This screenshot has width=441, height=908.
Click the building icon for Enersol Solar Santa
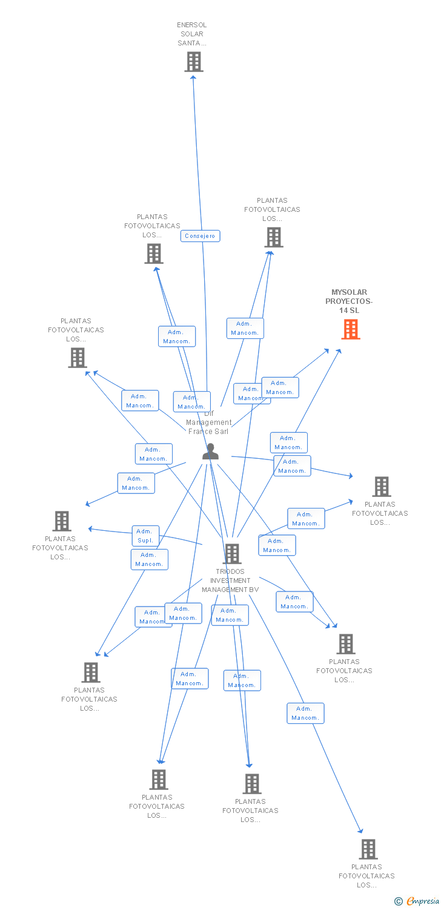[194, 62]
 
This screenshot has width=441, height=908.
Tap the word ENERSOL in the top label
[191, 25]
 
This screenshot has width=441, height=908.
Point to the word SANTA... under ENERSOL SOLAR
[192, 44]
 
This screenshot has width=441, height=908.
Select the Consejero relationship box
[200, 236]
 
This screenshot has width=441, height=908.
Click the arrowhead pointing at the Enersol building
[193, 76]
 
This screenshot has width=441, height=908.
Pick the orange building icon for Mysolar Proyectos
[351, 329]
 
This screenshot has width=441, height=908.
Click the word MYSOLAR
[349, 292]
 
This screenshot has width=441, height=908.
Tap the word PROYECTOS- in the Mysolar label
[349, 301]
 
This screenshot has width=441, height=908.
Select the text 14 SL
[349, 311]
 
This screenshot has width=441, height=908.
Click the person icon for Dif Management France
[210, 452]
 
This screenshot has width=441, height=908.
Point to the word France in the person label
[201, 432]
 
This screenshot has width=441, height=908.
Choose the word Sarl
[222, 432]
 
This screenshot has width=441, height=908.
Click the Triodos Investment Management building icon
[231, 553]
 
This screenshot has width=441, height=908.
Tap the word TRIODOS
[230, 571]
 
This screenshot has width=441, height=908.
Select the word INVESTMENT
[230, 581]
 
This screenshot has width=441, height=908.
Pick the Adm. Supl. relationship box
[145, 536]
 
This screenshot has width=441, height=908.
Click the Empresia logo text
[423, 901]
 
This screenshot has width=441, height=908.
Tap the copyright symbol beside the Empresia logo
[398, 901]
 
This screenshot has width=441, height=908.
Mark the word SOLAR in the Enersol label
[192, 35]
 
